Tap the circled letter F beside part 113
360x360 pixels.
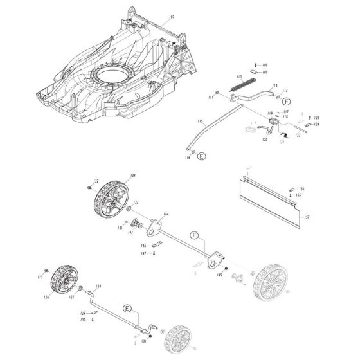pyautogui.click(x=286, y=101)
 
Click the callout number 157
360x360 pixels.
pyautogui.click(x=307, y=217)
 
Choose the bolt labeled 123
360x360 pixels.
pyautogui.click(x=312, y=119)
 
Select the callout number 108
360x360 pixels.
pyautogui.click(x=264, y=66)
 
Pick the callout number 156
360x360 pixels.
pyautogui.click(x=301, y=189)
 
